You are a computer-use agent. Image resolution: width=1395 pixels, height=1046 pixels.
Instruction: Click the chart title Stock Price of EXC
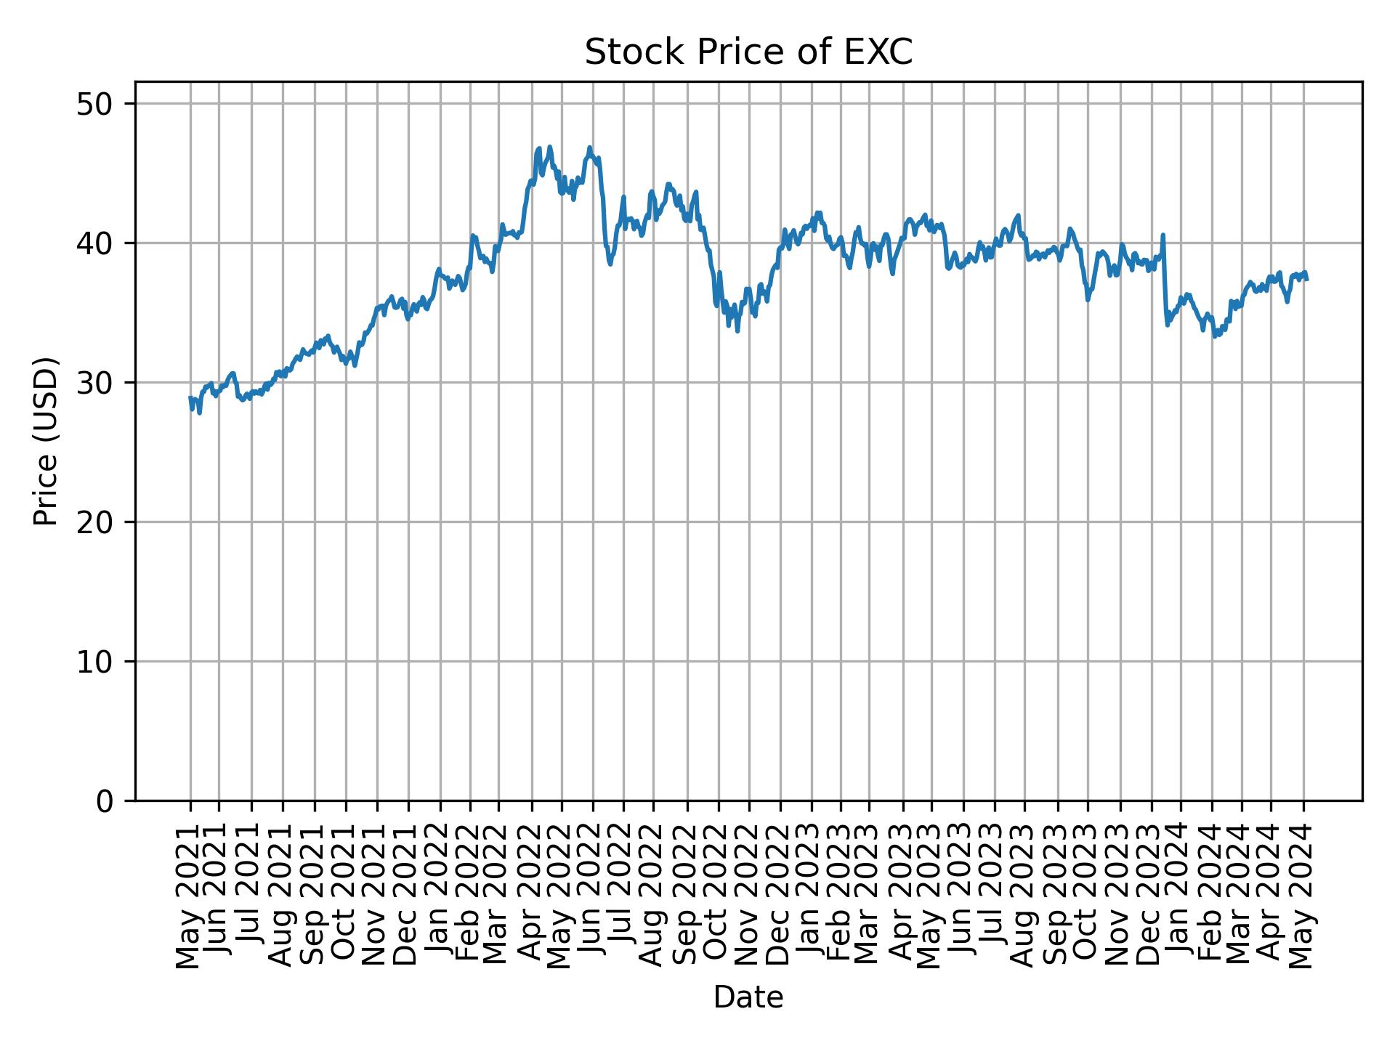point(748,53)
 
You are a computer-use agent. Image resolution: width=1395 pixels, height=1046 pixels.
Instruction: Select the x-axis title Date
point(748,997)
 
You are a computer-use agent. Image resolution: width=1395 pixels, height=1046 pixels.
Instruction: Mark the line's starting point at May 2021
point(190,398)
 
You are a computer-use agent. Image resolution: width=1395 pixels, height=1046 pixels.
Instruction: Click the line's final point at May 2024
point(1307,279)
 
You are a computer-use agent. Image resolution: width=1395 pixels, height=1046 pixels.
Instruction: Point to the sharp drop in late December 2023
point(1165,283)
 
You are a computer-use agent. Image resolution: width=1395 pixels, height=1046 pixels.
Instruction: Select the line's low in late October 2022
point(737,331)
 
